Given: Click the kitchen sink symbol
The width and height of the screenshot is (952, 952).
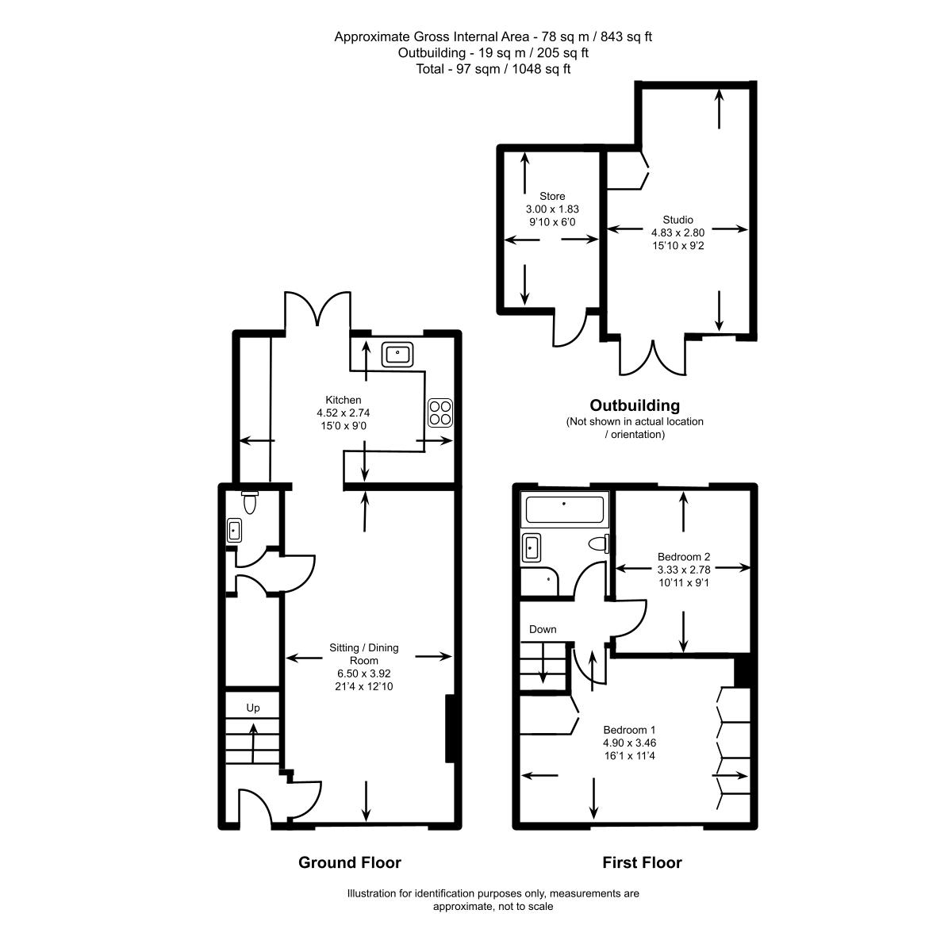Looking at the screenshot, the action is pyautogui.click(x=397, y=354).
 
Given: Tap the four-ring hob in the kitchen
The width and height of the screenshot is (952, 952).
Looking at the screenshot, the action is pyautogui.click(x=440, y=413).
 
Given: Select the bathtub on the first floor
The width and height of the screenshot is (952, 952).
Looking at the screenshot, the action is pyautogui.click(x=565, y=509).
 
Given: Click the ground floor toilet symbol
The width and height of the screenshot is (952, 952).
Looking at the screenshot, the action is pyautogui.click(x=250, y=502).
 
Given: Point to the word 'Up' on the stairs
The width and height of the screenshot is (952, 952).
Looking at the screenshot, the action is pyautogui.click(x=253, y=708).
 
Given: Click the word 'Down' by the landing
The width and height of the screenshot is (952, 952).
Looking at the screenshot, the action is pyautogui.click(x=543, y=629).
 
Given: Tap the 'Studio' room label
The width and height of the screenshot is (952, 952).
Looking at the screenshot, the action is pyautogui.click(x=678, y=220).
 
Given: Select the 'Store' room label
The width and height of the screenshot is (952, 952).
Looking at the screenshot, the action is pyautogui.click(x=552, y=196).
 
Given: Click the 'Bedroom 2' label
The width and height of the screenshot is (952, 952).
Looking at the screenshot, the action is pyautogui.click(x=684, y=557).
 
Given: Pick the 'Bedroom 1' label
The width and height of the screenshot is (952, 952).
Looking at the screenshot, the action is pyautogui.click(x=629, y=730).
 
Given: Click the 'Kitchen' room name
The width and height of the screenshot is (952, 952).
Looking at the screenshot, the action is pyautogui.click(x=344, y=400).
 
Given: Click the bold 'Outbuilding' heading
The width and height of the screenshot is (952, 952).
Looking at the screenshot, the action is pyautogui.click(x=635, y=405).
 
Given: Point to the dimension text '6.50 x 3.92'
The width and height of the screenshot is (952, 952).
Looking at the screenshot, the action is pyautogui.click(x=364, y=674).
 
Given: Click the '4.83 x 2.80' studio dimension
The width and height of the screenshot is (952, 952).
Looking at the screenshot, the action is pyautogui.click(x=678, y=232).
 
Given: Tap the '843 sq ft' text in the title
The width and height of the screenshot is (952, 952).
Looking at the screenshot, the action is pyautogui.click(x=626, y=36).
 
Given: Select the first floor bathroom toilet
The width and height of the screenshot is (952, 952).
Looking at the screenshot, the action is pyautogui.click(x=599, y=543).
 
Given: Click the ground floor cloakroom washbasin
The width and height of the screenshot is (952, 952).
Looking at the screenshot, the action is pyautogui.click(x=234, y=530).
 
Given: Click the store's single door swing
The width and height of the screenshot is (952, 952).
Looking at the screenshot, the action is pyautogui.click(x=570, y=327).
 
